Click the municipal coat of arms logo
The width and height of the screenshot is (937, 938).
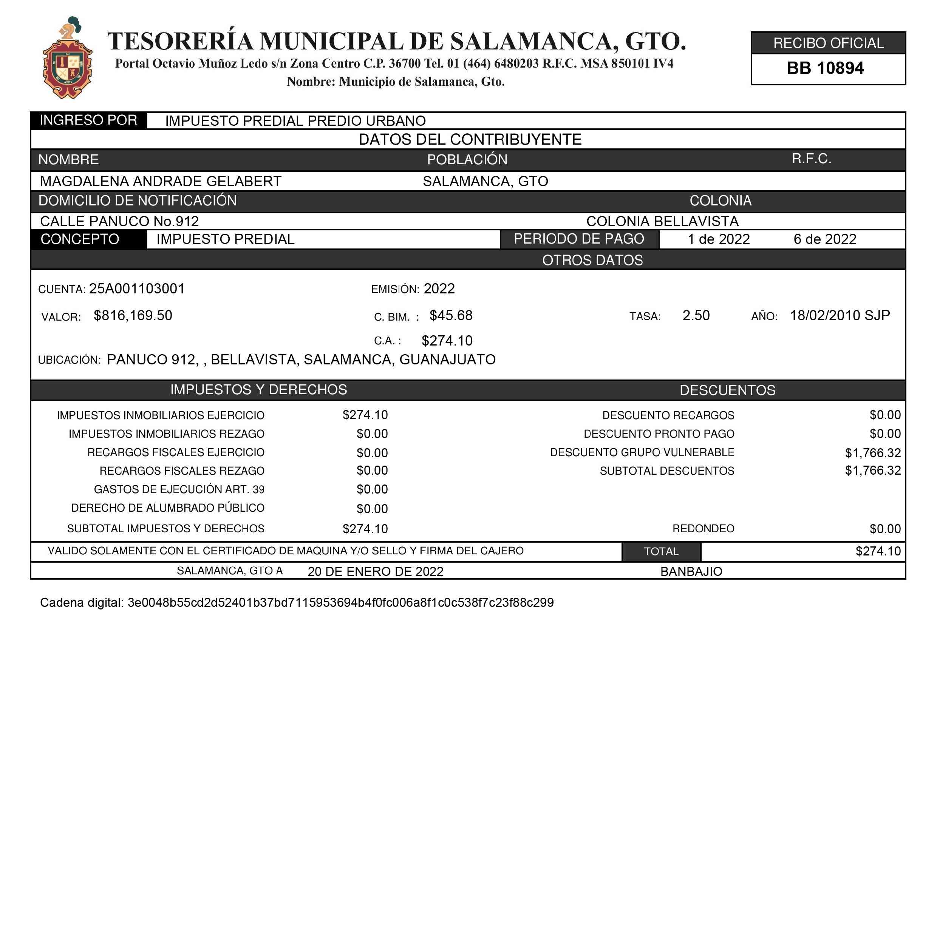68,59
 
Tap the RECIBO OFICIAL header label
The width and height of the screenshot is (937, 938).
828,43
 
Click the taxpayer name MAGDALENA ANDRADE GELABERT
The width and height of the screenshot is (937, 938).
161,182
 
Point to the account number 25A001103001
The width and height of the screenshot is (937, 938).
137,289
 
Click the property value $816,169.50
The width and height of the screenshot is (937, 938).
133,316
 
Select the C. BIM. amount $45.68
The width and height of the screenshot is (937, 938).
451,316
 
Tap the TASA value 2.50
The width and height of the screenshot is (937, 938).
696,316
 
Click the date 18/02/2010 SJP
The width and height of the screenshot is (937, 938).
840,316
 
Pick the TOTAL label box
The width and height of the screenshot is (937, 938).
661,552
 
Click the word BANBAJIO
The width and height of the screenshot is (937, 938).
691,571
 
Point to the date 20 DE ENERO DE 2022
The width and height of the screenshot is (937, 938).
376,571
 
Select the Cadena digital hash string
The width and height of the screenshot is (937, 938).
340,603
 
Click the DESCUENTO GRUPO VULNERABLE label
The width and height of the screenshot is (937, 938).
642,452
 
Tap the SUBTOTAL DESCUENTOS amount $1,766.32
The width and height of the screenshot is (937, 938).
872,471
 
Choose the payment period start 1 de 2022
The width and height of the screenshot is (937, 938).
718,239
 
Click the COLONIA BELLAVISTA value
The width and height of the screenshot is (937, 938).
662,221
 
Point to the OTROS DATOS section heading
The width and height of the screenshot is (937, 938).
592,260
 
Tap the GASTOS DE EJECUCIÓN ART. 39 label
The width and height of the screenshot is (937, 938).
179,489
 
